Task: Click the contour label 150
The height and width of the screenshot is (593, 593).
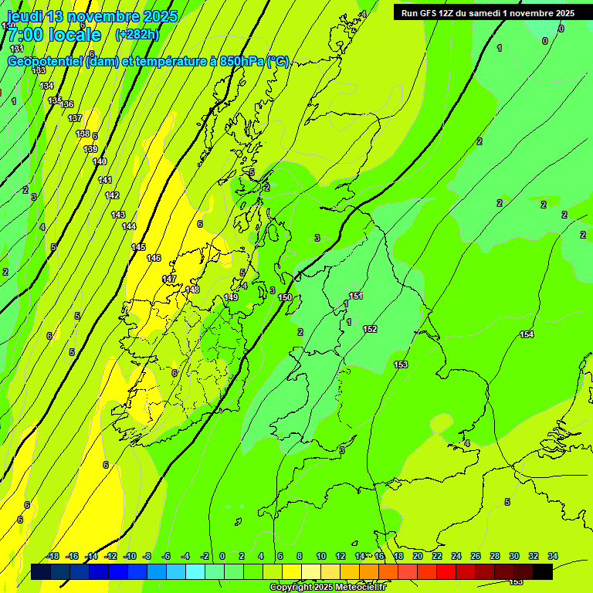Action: [x=285, y=297]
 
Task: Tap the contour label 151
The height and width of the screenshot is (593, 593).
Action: [x=356, y=296]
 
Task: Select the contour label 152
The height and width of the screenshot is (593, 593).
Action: [x=370, y=329]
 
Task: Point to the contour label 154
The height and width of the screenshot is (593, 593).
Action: [x=527, y=334]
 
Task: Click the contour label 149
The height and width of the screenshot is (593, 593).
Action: [x=231, y=297]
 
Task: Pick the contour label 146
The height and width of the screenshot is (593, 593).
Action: [x=154, y=258]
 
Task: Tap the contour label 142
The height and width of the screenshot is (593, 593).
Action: [x=112, y=195]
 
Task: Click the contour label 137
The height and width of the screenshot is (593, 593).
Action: [x=75, y=118]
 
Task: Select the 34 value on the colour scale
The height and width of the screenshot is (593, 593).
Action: [x=553, y=556]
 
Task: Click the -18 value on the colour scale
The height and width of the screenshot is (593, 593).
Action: [x=53, y=556]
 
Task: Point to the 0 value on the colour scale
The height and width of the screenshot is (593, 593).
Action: [x=222, y=556]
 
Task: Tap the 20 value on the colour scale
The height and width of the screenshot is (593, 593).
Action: [x=417, y=556]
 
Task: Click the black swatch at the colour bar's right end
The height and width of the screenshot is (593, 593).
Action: [x=543, y=571]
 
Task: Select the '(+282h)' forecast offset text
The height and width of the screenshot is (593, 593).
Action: [x=137, y=35]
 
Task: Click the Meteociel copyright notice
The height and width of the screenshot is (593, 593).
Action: [x=327, y=587]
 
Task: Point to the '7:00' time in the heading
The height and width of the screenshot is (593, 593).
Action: [x=25, y=35]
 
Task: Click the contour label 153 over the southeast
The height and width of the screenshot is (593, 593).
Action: [x=401, y=364]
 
